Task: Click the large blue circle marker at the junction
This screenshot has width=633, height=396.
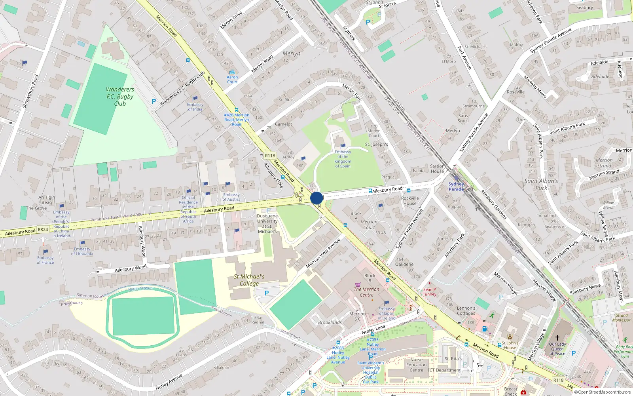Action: (316, 198)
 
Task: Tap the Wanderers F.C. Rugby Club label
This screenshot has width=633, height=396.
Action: (120, 97)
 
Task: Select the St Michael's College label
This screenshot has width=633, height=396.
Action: (249, 280)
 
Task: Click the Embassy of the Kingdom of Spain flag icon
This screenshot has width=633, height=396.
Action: (343, 146)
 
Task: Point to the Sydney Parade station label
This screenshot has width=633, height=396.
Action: (456, 187)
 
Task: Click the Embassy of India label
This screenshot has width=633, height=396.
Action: (195, 107)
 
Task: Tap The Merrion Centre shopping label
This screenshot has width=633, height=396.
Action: (366, 292)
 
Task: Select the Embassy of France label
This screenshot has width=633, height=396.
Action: (45, 260)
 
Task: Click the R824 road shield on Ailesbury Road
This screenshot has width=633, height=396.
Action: (43, 229)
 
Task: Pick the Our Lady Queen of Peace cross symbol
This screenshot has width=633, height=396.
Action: (557, 338)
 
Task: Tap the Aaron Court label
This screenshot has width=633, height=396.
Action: (232, 80)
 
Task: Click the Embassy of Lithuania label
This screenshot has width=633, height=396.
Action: (82, 251)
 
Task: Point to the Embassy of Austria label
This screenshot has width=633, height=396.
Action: (231, 197)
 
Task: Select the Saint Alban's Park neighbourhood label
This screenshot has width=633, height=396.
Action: (541, 184)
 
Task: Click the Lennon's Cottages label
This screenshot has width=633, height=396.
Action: (466, 310)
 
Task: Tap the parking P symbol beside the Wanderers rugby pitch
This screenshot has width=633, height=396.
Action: (154, 101)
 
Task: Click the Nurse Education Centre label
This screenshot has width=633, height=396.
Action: (416, 365)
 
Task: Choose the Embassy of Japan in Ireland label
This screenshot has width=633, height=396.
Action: (387, 313)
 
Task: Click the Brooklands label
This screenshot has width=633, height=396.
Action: (330, 322)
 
